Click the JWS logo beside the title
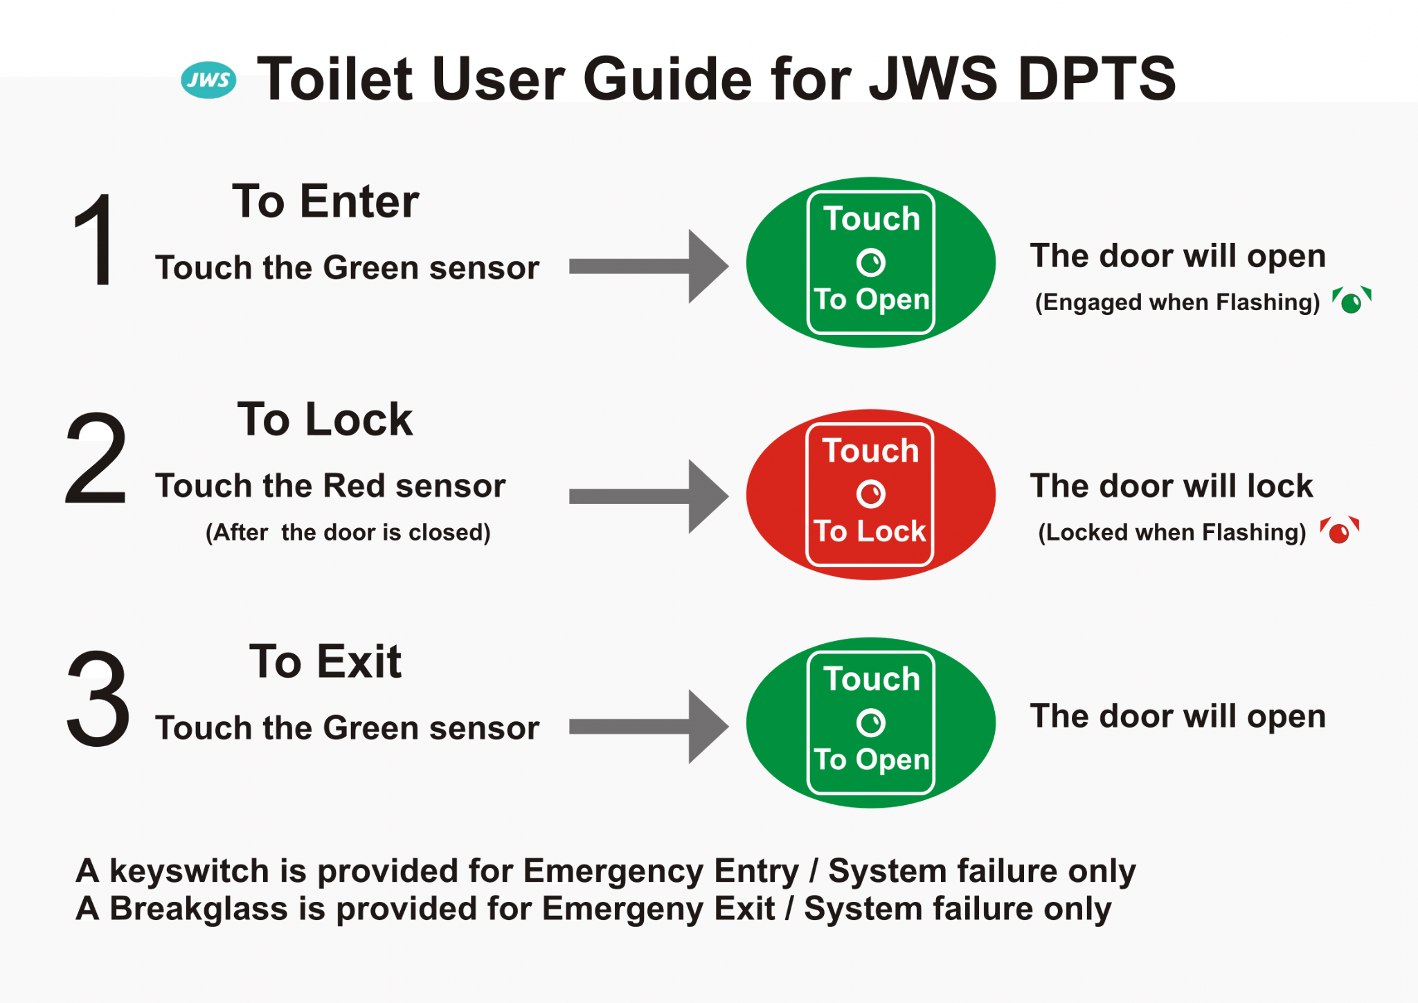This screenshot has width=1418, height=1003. point(208,80)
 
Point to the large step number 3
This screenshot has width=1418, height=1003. point(98,698)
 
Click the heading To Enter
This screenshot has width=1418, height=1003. point(325,201)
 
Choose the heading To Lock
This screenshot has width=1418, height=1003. point(325,419)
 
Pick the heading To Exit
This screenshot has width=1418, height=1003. point(325,661)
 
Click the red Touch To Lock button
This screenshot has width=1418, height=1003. point(870,494)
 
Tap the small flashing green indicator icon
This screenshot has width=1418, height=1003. point(1352,300)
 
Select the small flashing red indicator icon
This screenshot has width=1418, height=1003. point(1339,531)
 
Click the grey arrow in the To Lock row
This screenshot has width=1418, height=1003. point(649,496)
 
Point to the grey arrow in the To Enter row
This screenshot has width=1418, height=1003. point(649,266)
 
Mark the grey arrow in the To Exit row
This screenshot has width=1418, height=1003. point(649,727)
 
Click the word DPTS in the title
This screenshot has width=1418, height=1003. point(1097,78)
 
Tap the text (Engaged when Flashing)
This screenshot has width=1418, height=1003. point(1177,302)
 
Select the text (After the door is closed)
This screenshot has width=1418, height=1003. point(348,532)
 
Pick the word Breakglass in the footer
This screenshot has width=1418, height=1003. point(199,909)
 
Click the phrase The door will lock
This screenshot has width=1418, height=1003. point(1171,485)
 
